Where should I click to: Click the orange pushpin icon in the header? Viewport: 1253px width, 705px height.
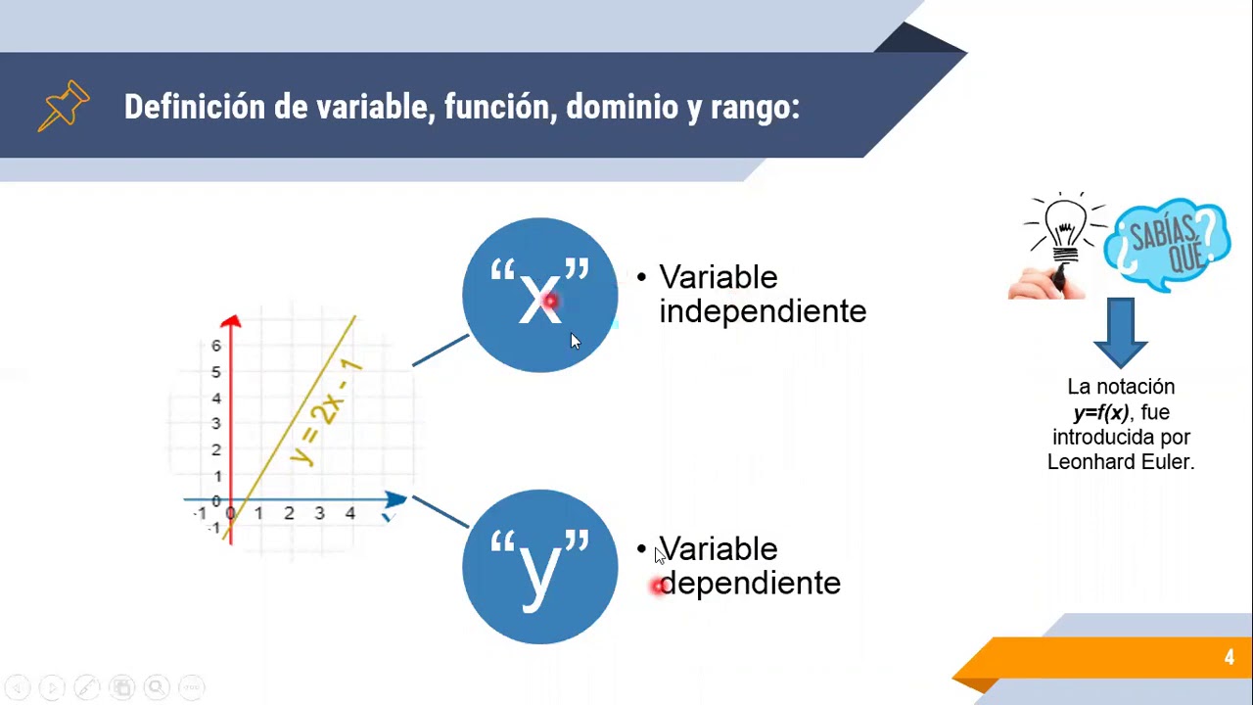64,106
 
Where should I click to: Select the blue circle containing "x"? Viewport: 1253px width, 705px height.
539,295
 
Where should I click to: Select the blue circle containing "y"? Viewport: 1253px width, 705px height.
539,567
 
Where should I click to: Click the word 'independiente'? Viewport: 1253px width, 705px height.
763,311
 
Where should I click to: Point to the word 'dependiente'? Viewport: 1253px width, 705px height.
750,584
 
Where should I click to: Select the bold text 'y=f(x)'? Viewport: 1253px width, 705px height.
1100,412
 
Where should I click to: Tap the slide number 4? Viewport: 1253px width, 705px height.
1229,658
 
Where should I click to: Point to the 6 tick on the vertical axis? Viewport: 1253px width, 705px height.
216,346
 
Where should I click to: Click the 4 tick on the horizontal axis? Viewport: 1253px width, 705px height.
349,513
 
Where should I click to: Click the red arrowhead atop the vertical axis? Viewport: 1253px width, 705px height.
231,321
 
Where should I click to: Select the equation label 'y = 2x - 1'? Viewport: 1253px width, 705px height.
327,412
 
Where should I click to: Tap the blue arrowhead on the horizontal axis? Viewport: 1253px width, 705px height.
395,499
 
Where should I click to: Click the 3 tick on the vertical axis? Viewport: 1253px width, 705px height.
216,424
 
